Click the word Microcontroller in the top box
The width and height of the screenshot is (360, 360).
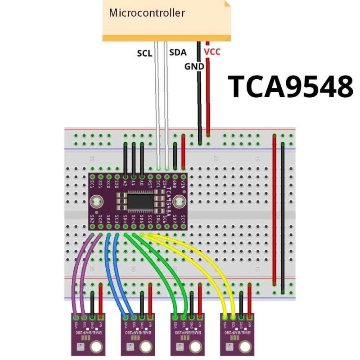click(147, 13)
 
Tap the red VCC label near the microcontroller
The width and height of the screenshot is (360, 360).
click(212, 52)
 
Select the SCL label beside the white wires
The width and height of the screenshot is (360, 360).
click(144, 53)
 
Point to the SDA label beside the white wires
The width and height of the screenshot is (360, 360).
click(177, 53)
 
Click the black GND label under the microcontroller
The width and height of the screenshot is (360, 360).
click(194, 67)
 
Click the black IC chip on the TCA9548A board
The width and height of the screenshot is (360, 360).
click(140, 201)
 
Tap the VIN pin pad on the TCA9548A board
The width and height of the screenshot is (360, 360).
click(183, 177)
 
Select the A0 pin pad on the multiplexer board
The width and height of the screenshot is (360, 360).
click(142, 177)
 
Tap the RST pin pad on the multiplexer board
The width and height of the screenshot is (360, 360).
click(150, 177)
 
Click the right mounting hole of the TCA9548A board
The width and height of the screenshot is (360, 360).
click(179, 201)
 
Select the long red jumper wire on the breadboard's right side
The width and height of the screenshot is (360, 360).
click(274, 209)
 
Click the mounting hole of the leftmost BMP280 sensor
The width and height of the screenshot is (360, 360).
click(95, 346)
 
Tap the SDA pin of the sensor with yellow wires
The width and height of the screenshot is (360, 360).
click(225, 318)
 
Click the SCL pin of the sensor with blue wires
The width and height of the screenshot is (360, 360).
click(134, 318)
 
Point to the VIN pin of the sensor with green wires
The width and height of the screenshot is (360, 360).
click(199, 318)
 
